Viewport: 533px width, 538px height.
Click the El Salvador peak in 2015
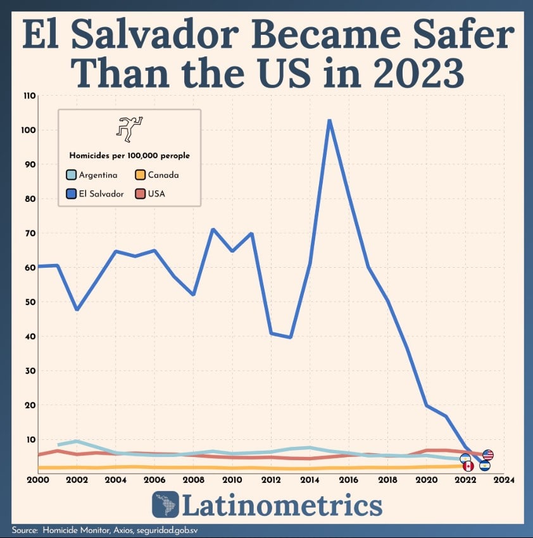click(x=329, y=120)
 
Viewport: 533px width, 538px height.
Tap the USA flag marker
click(x=487, y=454)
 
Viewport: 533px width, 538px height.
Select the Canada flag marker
click(x=468, y=466)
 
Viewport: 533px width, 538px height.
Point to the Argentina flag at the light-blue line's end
click(x=465, y=458)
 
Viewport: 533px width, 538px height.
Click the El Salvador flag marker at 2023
click(x=485, y=466)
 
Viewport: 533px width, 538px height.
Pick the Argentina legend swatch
click(x=72, y=175)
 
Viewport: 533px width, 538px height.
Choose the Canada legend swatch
click(x=141, y=175)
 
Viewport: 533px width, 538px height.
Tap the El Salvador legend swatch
click(x=72, y=194)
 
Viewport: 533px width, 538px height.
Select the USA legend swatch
click(x=141, y=194)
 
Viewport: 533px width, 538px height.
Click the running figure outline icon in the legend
click(x=129, y=128)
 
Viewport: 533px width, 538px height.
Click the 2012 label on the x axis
click(x=271, y=480)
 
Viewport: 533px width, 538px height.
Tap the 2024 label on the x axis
click(x=504, y=480)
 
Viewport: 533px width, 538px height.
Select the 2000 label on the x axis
click(x=38, y=480)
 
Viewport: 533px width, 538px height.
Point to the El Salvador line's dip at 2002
click(x=77, y=309)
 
